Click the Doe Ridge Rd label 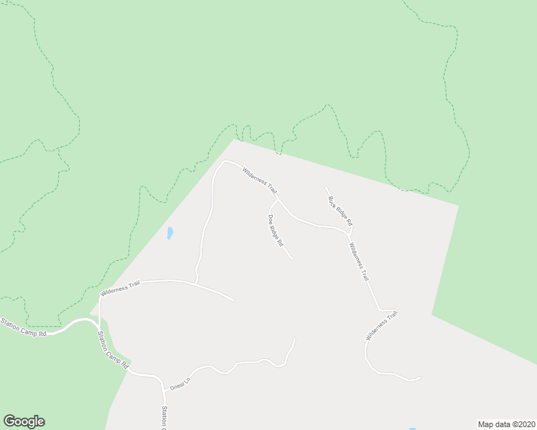(275, 231)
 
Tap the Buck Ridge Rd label (340, 210)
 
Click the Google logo (24, 421)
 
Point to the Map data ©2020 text (506, 424)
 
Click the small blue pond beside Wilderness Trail (169, 233)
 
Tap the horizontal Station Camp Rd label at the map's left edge (23, 328)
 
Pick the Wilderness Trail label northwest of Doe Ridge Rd (259, 180)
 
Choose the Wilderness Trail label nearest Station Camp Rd (120, 289)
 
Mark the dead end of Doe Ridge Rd (292, 259)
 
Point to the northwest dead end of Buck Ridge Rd (325, 188)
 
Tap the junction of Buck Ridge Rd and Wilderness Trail (350, 234)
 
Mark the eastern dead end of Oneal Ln (295, 339)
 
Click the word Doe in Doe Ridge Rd (271, 219)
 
